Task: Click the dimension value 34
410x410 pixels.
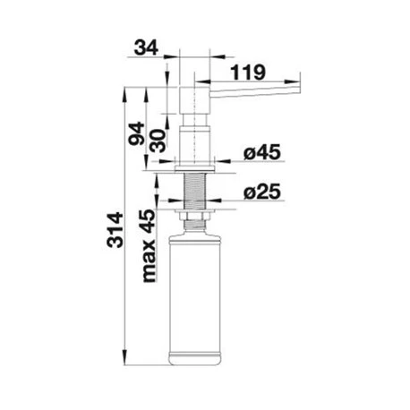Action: tap(146, 47)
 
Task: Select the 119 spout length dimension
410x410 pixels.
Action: tap(248, 72)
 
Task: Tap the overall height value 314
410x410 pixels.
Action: tap(115, 230)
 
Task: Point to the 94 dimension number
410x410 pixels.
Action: tap(136, 133)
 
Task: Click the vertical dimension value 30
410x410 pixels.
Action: tap(158, 141)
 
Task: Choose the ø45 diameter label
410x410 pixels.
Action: tap(262, 152)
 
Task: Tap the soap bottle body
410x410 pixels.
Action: tap(194, 299)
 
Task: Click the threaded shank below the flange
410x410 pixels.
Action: tap(195, 191)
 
